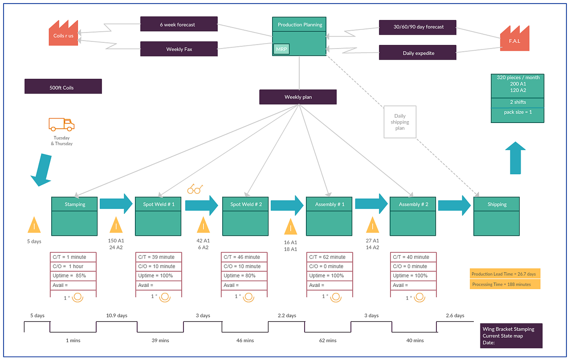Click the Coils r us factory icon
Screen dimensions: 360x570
coord(63,33)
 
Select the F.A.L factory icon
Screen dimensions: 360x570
coord(514,38)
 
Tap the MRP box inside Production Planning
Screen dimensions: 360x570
coord(281,49)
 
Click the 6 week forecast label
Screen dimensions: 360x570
coord(179,25)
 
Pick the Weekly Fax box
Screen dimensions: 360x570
coord(179,49)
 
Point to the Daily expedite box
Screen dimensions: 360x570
coord(418,53)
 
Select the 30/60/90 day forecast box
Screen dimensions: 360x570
coord(418,27)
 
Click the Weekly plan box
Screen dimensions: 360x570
coord(298,97)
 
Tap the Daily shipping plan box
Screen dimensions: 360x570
coord(400,122)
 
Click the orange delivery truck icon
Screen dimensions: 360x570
coord(61,124)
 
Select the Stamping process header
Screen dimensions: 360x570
coord(74,204)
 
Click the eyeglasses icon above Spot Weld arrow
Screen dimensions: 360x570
coord(195,189)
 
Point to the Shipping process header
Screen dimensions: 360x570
coord(497,204)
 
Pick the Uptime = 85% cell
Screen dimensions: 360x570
coord(73,276)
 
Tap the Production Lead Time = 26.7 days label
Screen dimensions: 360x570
coord(505,274)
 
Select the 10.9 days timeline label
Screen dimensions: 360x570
coord(117,315)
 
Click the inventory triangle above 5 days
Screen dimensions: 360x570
coord(34,225)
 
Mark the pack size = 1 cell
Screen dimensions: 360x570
coord(517,112)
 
